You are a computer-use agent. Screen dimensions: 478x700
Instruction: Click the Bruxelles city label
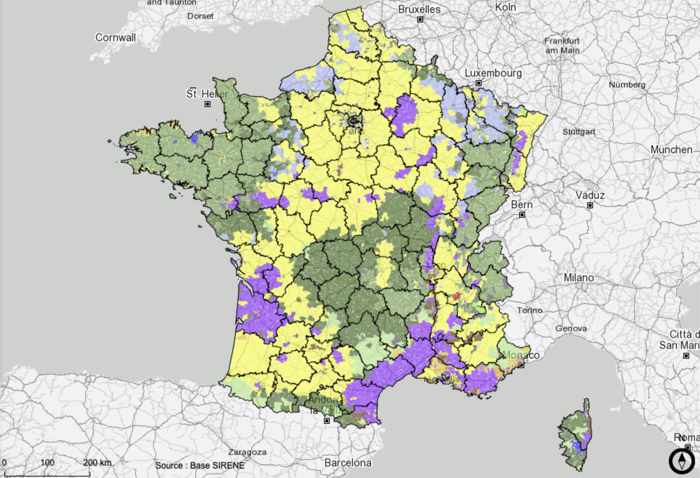pyautogui.click(x=419, y=9)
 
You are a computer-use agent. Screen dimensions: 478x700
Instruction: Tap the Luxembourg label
pyautogui.click(x=493, y=73)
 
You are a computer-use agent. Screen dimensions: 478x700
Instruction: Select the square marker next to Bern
pyautogui.click(x=522, y=215)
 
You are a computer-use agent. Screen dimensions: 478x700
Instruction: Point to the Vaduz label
pyautogui.click(x=590, y=195)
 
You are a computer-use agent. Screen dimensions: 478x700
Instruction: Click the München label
pyautogui.click(x=671, y=150)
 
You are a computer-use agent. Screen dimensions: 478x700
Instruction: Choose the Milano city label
pyautogui.click(x=579, y=278)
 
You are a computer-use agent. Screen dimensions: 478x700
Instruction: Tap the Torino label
pyautogui.click(x=529, y=310)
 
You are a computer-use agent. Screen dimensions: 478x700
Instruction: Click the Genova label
pyautogui.click(x=571, y=328)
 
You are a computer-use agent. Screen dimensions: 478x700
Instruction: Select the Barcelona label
pyautogui.click(x=348, y=463)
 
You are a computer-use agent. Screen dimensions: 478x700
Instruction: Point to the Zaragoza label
pyautogui.click(x=247, y=452)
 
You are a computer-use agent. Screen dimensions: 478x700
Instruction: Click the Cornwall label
pyautogui.click(x=115, y=38)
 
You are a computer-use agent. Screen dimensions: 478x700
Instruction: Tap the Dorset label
pyautogui.click(x=200, y=16)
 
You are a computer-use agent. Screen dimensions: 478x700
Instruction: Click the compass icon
pyautogui.click(x=682, y=461)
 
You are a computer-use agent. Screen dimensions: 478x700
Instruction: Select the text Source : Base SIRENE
pyautogui.click(x=200, y=465)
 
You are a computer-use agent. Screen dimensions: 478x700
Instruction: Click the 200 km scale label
pyautogui.click(x=97, y=462)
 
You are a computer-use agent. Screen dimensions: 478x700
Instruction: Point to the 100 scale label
pyautogui.click(x=47, y=462)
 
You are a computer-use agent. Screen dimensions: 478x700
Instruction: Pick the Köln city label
pyautogui.click(x=505, y=7)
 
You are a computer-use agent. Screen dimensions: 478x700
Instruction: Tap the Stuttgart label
pyautogui.click(x=579, y=132)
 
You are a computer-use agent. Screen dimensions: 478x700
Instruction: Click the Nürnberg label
pyautogui.click(x=627, y=85)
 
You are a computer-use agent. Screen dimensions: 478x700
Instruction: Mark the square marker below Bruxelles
pyautogui.click(x=420, y=20)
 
